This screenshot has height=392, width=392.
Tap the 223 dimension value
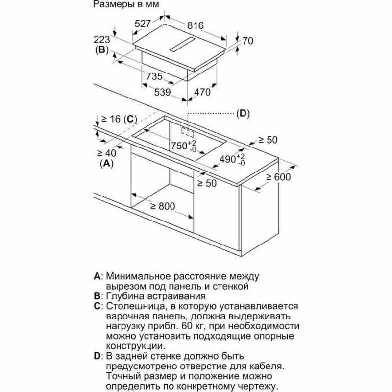point(101,40)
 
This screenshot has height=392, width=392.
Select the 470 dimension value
point(201,92)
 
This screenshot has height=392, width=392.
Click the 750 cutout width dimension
point(183,146)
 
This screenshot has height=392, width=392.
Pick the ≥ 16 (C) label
point(117,118)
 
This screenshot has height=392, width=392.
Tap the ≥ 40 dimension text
point(106,153)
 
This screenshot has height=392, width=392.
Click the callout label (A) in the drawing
point(106,164)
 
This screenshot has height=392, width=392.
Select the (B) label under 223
point(101,49)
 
